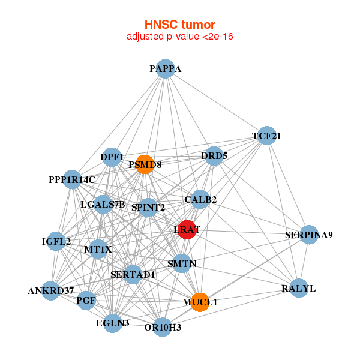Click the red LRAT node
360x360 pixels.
click(188, 229)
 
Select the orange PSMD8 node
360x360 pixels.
click(145, 164)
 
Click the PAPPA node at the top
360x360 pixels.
click(165, 69)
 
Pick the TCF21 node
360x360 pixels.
click(266, 136)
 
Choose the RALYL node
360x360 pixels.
click(298, 289)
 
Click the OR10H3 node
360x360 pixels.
click(162, 327)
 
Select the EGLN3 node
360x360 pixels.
click(113, 323)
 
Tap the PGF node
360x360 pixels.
click(86, 300)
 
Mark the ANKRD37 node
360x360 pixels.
click(52, 291)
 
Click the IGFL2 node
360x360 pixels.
click(57, 242)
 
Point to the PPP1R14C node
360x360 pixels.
click(72, 179)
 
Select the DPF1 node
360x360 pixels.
click(112, 157)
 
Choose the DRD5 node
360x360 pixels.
click(214, 156)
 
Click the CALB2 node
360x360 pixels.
click(200, 199)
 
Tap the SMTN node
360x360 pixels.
click(181, 263)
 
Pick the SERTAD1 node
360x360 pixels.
click(133, 275)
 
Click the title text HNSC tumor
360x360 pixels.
click(179, 25)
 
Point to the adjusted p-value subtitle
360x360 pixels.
click(179, 37)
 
